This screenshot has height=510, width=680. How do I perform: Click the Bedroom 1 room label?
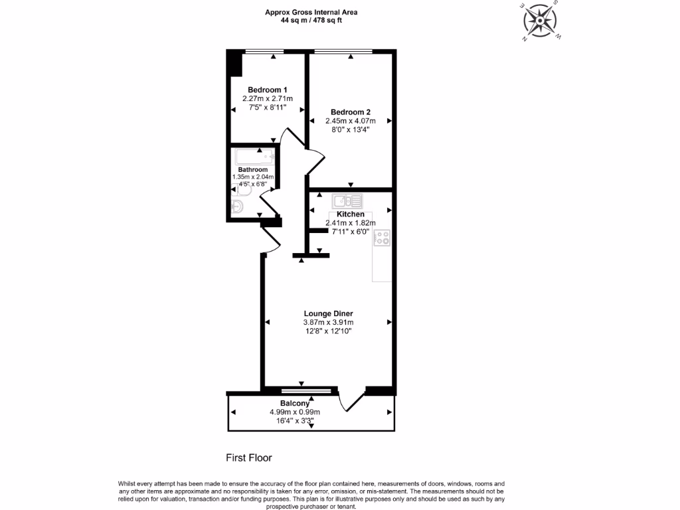[267, 90]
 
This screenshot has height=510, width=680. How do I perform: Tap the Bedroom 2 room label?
[350, 112]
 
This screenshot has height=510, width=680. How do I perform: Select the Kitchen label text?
[350, 214]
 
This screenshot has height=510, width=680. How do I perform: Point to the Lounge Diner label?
[328, 313]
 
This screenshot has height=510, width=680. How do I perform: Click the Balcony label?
[295, 403]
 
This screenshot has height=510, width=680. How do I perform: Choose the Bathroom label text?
[253, 170]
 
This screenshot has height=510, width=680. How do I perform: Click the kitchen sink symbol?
[347, 200]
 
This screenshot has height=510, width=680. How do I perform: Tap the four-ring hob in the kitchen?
[382, 238]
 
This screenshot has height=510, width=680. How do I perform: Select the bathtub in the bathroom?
[254, 157]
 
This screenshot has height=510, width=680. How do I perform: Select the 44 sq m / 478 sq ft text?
[311, 20]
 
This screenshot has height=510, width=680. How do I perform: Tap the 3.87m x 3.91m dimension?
[328, 323]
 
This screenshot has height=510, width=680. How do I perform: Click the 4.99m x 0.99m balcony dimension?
[295, 412]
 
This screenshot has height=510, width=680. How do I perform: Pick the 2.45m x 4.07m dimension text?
[350, 121]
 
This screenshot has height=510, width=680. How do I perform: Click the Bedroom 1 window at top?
[264, 51]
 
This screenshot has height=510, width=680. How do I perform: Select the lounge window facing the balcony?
[305, 390]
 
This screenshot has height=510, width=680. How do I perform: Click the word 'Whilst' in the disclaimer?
[129, 483]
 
